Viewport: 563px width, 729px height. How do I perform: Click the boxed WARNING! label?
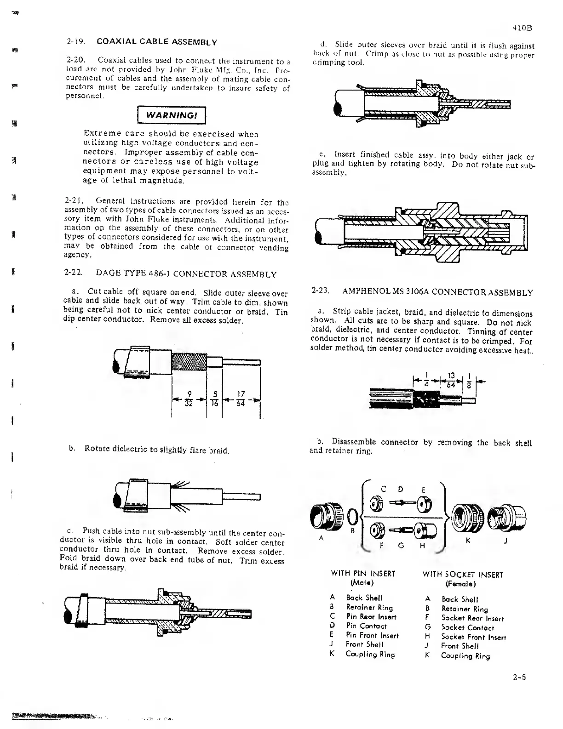(x=171, y=115)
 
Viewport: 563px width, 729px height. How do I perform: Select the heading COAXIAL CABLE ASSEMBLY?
(x=157, y=42)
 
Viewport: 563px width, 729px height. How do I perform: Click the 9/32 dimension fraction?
(x=188, y=399)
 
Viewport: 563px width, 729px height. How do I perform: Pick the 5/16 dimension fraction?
(x=214, y=399)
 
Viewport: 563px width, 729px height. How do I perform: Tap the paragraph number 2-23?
(x=319, y=291)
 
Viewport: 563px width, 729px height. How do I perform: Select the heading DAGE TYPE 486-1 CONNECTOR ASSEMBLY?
(x=186, y=275)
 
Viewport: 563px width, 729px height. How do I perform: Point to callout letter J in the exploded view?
(x=506, y=541)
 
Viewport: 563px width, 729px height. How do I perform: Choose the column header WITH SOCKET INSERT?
(x=463, y=575)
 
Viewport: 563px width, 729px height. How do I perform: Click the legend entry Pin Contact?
(x=366, y=626)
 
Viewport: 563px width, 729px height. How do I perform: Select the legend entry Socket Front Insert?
(x=473, y=637)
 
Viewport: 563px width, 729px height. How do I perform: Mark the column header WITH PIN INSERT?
(x=363, y=574)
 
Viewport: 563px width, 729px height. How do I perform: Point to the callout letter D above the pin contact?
(x=401, y=489)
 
